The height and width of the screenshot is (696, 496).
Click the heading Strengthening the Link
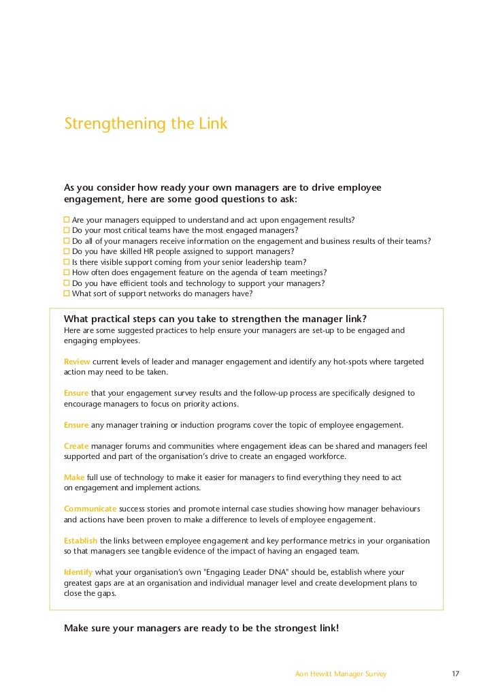(x=146, y=125)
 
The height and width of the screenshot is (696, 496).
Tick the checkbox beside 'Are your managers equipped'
(x=67, y=220)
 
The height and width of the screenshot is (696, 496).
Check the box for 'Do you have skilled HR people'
(x=67, y=251)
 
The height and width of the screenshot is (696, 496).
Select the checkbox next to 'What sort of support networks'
(x=67, y=294)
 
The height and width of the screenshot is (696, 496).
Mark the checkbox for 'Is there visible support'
(x=67, y=262)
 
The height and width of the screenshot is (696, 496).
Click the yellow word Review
(x=77, y=362)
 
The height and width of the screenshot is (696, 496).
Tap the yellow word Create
(x=76, y=446)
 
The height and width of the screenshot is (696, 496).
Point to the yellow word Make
(x=74, y=477)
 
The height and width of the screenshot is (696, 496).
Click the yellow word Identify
(x=78, y=572)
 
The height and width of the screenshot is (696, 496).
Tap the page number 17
(x=456, y=674)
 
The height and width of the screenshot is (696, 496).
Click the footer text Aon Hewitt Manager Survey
(x=341, y=674)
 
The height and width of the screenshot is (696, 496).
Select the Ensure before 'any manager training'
(x=76, y=425)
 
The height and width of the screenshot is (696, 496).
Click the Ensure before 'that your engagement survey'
(x=76, y=393)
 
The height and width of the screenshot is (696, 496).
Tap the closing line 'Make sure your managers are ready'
(x=201, y=629)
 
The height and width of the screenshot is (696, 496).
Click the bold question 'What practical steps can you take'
(x=215, y=319)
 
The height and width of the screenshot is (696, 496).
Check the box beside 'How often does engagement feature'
(x=67, y=272)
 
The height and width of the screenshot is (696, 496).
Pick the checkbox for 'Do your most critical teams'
(x=67, y=230)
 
